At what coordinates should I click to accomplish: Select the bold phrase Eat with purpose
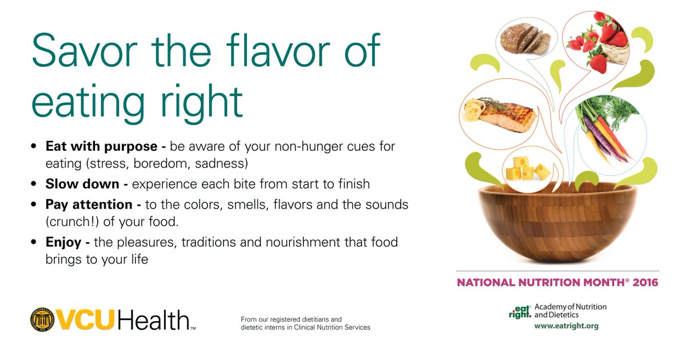point(101,147)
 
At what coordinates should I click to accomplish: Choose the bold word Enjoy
point(64,242)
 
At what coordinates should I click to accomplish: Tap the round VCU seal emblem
point(42,319)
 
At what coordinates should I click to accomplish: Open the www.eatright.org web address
point(566,326)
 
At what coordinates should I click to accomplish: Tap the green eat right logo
point(520,311)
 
